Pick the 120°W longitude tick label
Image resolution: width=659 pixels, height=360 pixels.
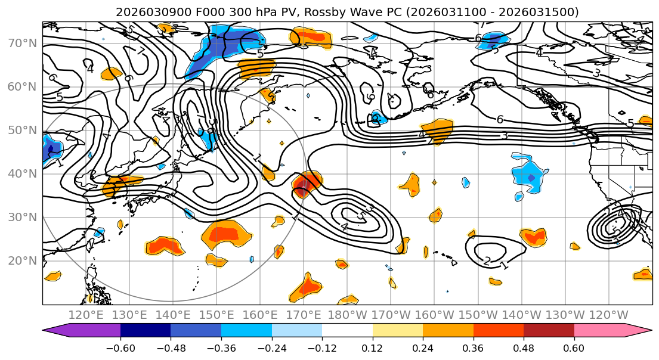(x=608, y=315)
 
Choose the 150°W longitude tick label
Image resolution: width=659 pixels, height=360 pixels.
(x=477, y=315)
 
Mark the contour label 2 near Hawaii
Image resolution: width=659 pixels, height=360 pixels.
(x=487, y=261)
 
